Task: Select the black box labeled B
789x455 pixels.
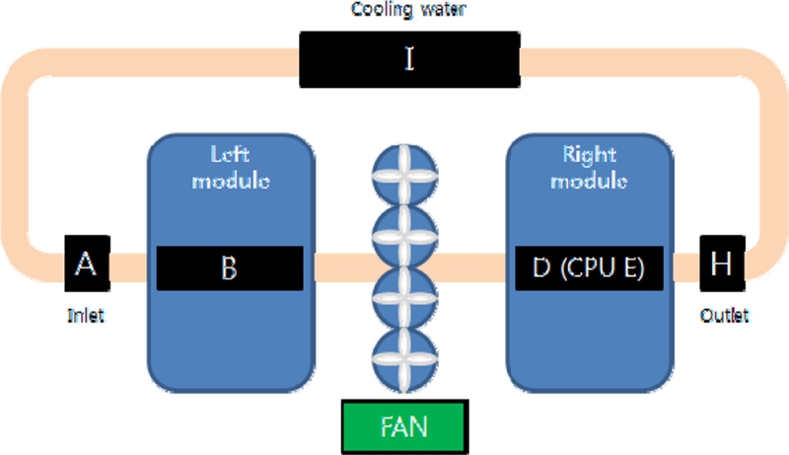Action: [x=230, y=268]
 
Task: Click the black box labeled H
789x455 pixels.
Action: [x=722, y=264]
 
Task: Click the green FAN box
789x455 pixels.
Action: [x=401, y=426]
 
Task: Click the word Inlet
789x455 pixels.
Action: [x=86, y=316]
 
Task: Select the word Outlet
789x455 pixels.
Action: [x=725, y=316]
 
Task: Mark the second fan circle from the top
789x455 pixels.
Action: [x=401, y=237]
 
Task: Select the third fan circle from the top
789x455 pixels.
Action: [x=401, y=297]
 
